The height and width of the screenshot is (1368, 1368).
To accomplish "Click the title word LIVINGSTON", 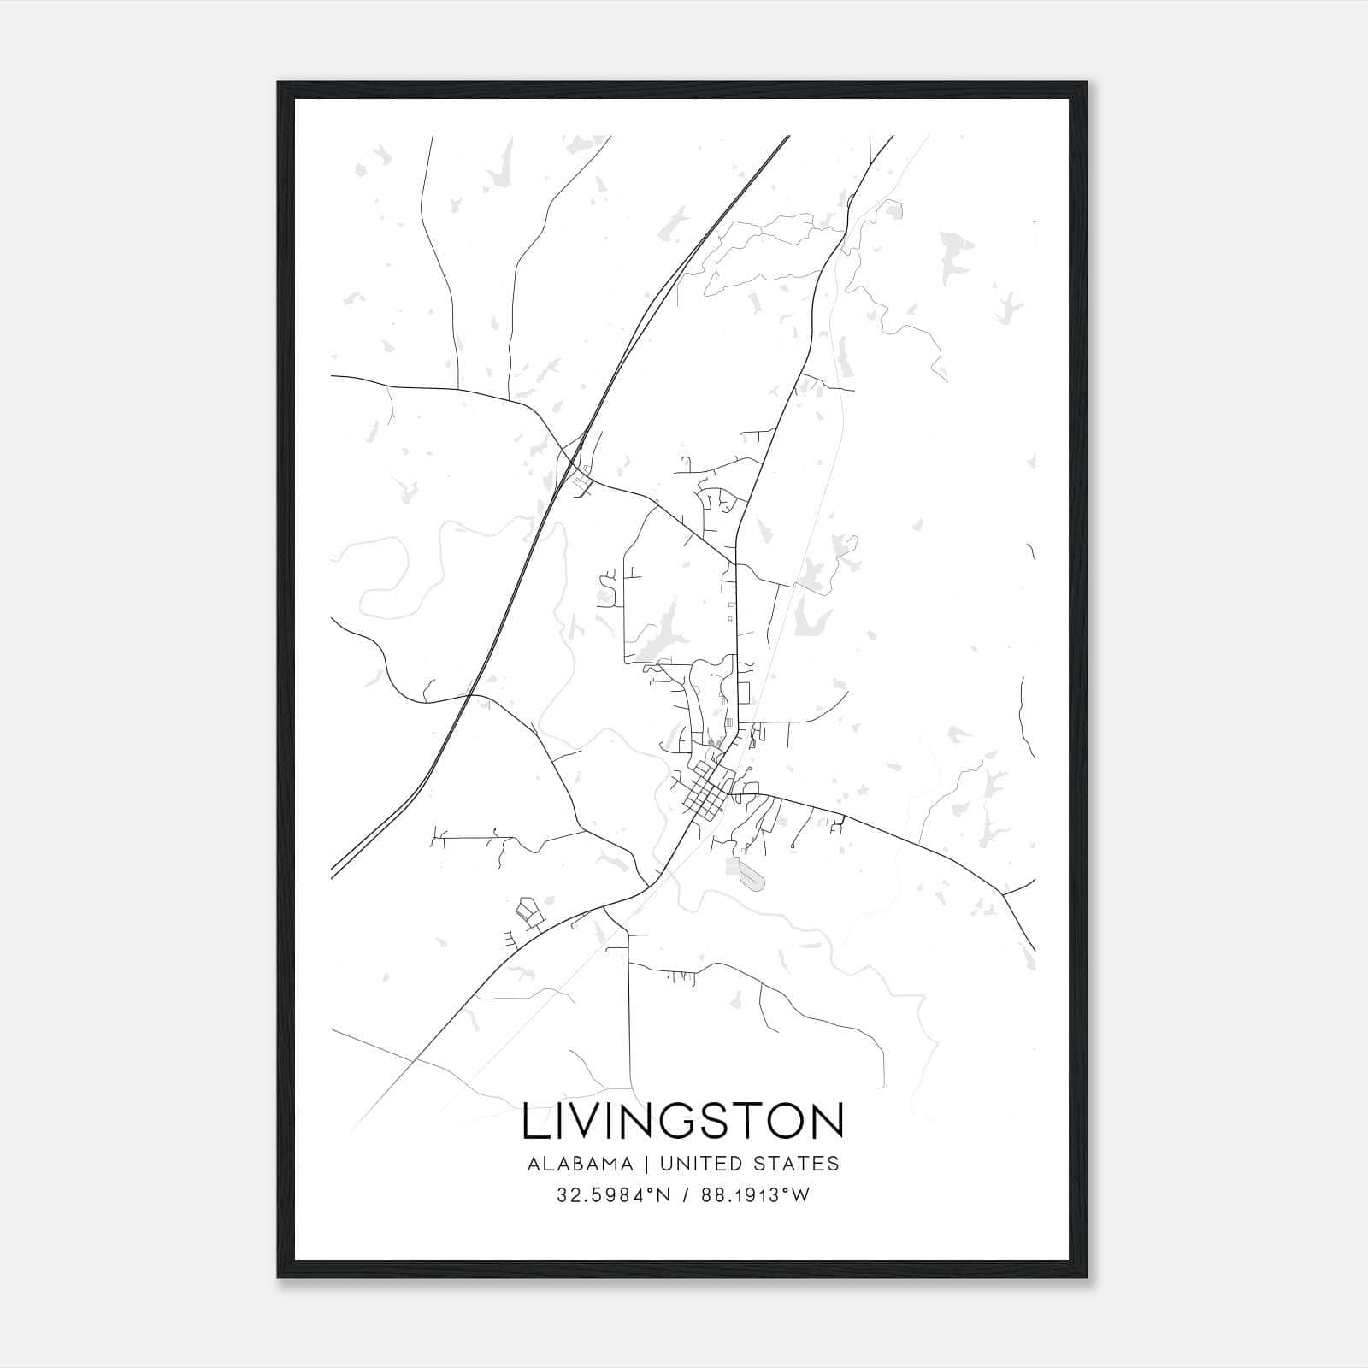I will click(683, 1122).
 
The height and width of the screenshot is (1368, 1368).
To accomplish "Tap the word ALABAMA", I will click(581, 1164).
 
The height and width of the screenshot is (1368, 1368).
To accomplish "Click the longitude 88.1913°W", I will click(755, 1195).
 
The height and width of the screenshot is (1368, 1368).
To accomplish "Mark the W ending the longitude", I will click(800, 1195).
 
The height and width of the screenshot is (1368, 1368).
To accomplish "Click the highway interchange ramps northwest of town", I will click(577, 470).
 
